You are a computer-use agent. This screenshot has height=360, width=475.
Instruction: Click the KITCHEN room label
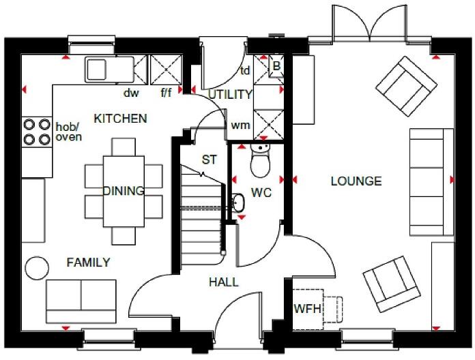click(x=120, y=119)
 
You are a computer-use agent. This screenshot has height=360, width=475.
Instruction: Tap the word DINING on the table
click(x=124, y=191)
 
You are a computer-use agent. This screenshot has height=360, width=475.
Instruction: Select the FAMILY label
click(x=88, y=262)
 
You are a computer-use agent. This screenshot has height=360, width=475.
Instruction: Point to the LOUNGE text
click(x=356, y=181)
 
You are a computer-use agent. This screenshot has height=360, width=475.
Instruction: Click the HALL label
click(x=223, y=282)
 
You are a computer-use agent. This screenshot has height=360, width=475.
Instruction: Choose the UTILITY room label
click(x=230, y=94)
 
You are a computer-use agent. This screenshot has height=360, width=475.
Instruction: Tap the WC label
click(x=261, y=193)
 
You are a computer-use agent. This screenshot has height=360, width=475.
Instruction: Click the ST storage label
click(x=209, y=160)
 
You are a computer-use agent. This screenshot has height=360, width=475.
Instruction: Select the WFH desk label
click(x=306, y=309)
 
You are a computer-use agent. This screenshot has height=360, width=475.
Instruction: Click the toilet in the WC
click(x=261, y=161)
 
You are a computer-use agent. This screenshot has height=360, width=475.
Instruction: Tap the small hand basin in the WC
click(x=237, y=202)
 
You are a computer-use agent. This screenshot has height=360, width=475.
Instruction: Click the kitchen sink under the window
click(x=97, y=69)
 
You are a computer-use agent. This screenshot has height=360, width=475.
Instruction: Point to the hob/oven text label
click(x=68, y=132)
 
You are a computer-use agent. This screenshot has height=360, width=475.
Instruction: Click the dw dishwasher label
click(x=131, y=92)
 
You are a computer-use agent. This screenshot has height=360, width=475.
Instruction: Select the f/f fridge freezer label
click(x=166, y=92)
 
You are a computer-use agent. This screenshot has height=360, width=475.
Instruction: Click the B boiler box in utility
click(x=276, y=66)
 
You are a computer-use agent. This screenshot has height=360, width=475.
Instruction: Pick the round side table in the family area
click(x=35, y=266)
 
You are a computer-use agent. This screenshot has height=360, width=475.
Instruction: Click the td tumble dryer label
click(x=244, y=70)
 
